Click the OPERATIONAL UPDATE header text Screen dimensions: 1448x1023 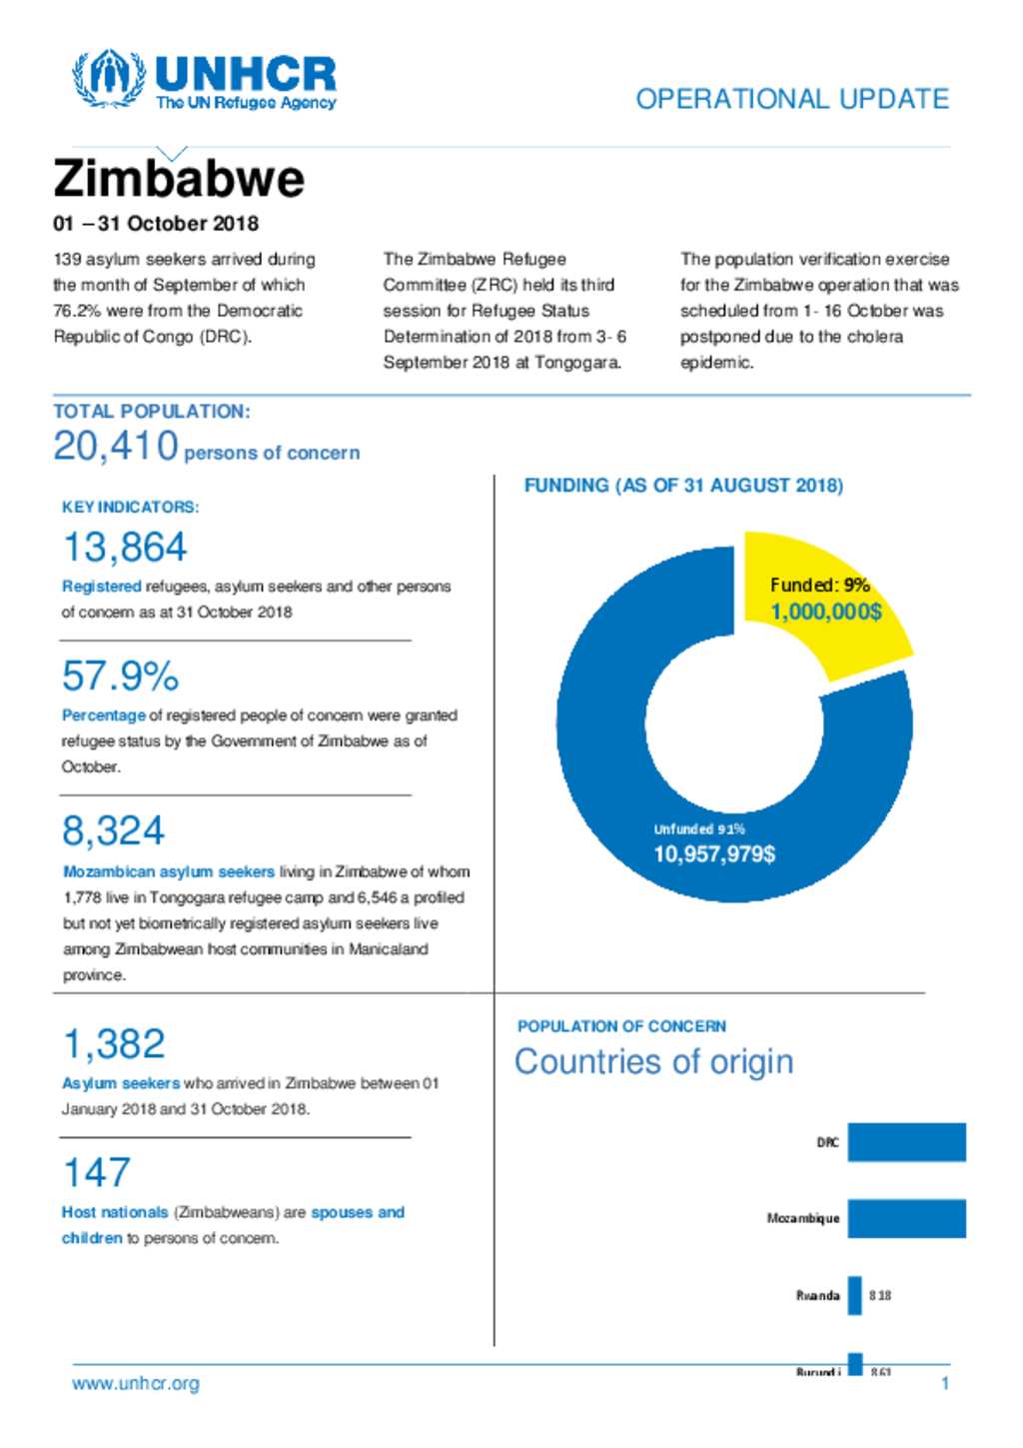pos(792,99)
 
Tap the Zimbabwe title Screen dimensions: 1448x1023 pos(179,180)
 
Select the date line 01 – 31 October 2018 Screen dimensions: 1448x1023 pos(156,224)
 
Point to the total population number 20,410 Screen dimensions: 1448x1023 pos(116,447)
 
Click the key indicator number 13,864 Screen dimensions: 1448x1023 pos(125,548)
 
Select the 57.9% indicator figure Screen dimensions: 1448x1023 pos(120,677)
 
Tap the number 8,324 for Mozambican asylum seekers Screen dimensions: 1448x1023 pos(113,831)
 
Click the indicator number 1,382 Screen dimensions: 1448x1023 pos(114,1044)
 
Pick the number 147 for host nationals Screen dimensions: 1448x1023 pos(96,1173)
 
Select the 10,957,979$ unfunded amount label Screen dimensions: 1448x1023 pos(714,854)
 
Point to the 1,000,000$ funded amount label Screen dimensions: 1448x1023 pos(825,612)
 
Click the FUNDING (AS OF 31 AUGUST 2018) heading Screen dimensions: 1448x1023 pos(683,486)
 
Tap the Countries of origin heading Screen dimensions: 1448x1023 pos(653,1061)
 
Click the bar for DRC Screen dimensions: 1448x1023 pos(906,1142)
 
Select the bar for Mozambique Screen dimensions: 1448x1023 pos(906,1218)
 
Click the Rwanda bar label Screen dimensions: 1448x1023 pos(817,1295)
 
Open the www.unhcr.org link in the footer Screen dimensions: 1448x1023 pos(136,1384)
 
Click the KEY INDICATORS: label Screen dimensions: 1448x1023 pos(130,508)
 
